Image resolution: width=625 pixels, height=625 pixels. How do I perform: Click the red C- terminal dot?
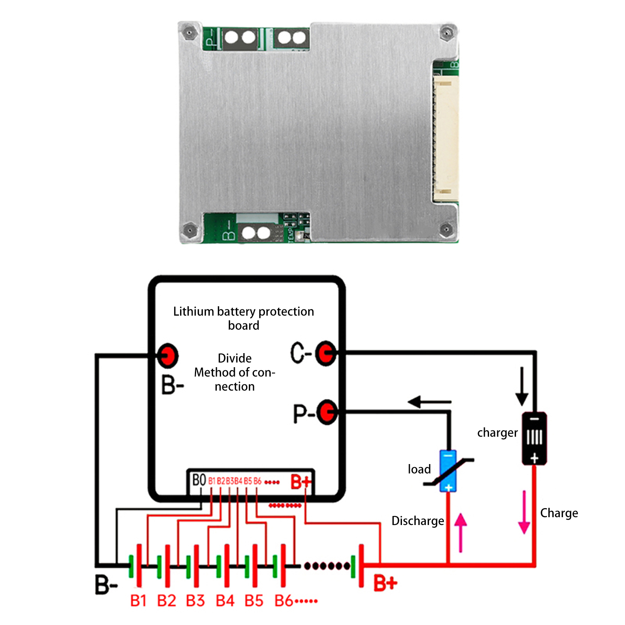point(325,353)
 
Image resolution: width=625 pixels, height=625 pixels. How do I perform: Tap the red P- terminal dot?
point(327,412)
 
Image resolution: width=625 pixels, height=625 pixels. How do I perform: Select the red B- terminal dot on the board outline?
point(168,355)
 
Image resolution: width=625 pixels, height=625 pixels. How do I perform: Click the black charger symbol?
point(534,438)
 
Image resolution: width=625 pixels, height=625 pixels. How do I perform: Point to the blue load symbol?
point(448,470)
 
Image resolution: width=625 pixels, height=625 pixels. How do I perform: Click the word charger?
point(497,433)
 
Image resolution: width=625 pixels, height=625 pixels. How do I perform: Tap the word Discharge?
point(418,521)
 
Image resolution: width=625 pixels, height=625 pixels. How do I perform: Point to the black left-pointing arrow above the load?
point(429,402)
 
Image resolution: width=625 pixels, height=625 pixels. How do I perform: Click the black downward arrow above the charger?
point(521,386)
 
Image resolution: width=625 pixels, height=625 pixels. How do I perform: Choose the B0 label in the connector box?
point(199,480)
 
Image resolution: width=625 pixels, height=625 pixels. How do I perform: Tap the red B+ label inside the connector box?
point(301,482)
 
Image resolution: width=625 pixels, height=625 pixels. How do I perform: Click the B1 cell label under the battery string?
point(138,601)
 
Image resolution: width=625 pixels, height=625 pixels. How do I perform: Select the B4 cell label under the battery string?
point(225,601)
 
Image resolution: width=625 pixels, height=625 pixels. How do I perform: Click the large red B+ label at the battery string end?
point(385,583)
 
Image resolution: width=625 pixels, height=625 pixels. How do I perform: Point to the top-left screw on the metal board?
point(189,32)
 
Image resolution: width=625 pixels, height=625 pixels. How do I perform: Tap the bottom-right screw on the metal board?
point(446,229)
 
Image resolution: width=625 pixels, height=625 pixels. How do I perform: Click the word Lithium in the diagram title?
point(193,311)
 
